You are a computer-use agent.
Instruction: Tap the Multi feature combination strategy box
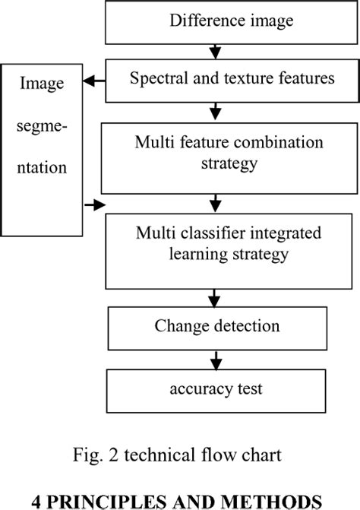218,153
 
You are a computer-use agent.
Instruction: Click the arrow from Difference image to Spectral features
217,51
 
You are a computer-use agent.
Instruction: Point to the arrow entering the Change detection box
217,297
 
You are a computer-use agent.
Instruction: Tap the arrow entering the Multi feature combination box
217,112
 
